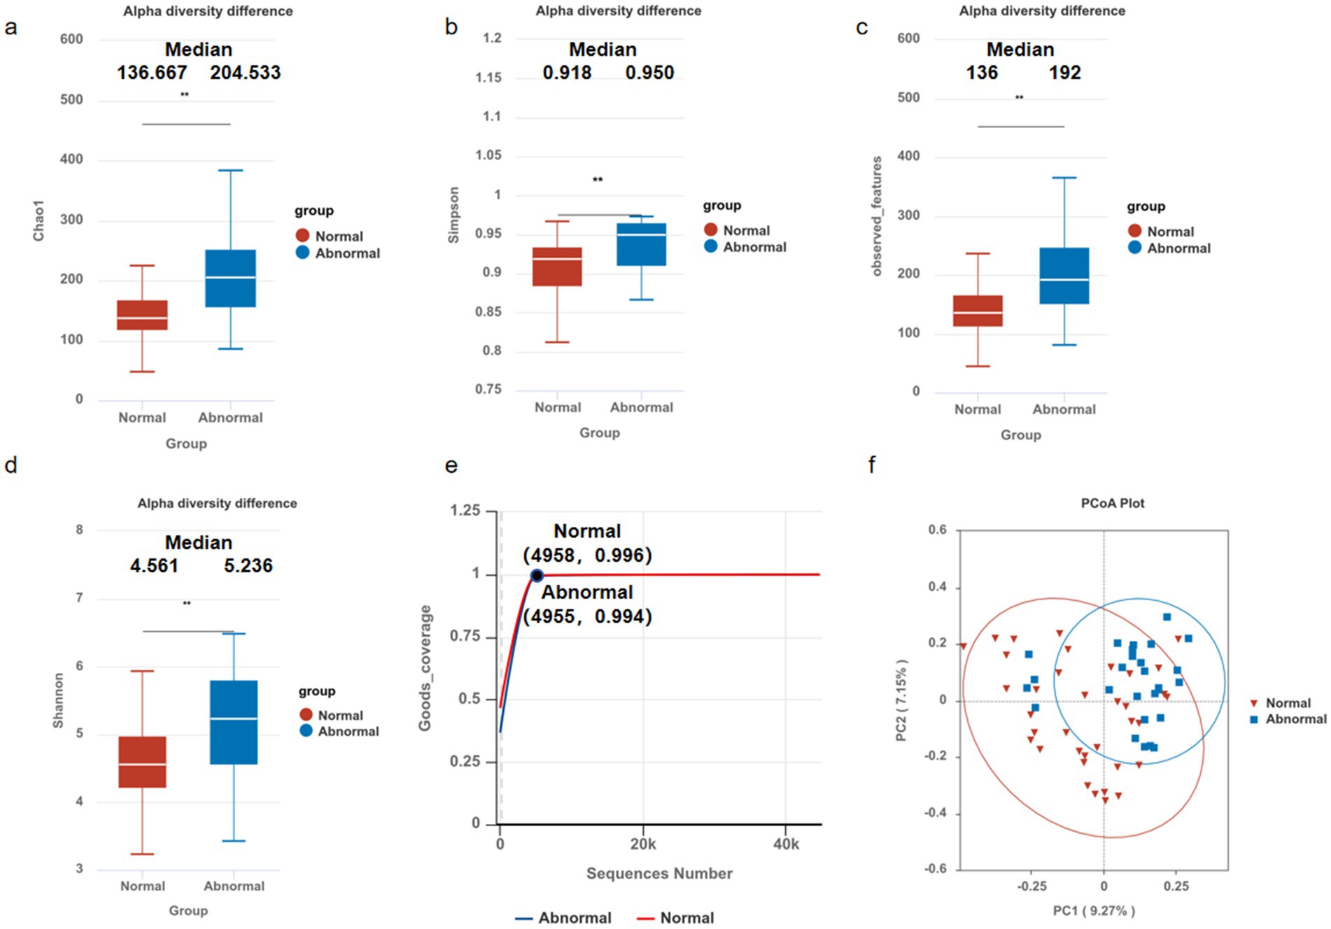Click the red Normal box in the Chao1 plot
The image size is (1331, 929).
click(x=142, y=315)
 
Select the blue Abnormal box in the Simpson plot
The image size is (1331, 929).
click(x=641, y=244)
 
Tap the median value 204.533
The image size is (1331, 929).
click(x=245, y=73)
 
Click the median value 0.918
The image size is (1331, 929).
click(x=567, y=73)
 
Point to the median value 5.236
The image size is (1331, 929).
click(x=248, y=565)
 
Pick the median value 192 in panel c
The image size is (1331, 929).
click(x=1064, y=73)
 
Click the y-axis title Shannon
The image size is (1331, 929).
click(x=59, y=700)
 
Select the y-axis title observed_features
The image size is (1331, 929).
click(x=876, y=215)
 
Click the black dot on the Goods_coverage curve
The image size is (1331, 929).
click(x=537, y=576)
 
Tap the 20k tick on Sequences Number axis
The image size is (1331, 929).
click(x=642, y=844)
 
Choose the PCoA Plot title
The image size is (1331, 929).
click(x=1112, y=503)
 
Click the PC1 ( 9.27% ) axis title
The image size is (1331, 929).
click(x=1094, y=910)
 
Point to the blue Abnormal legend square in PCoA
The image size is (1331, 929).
click(x=1254, y=719)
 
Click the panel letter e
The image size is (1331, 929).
click(x=451, y=466)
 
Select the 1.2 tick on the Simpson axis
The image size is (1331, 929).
click(x=492, y=38)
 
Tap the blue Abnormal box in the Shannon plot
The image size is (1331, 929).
click(x=234, y=722)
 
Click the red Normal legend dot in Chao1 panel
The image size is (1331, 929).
click(x=302, y=236)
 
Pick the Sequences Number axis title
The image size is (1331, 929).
click(x=659, y=873)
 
